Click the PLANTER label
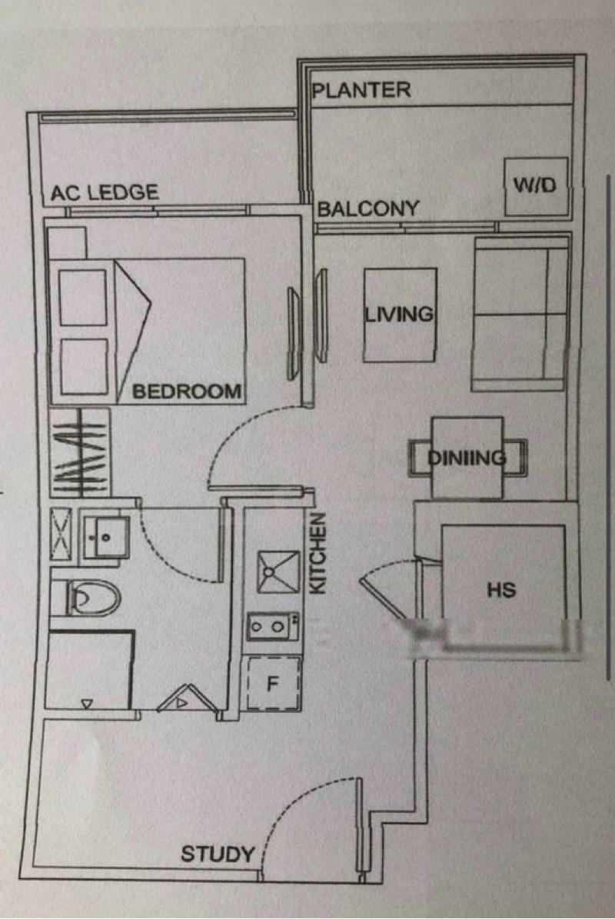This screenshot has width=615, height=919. point(361,90)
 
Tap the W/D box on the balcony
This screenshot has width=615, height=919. point(536,186)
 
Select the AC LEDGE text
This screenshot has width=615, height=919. point(105,193)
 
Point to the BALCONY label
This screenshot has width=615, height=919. point(368,208)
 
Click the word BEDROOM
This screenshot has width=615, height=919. point(187,391)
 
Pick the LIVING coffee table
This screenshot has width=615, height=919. point(400,315)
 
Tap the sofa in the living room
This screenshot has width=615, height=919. point(520,314)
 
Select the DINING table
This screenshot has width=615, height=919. point(467,458)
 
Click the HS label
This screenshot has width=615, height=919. point(501,591)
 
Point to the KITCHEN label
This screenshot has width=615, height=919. point(318,553)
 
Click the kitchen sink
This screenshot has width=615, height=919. point(278,571)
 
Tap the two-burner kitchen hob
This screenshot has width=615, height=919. point(273,626)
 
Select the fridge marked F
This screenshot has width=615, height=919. point(271,683)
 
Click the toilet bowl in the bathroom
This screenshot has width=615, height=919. point(92,598)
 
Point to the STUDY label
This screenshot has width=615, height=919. point(218,854)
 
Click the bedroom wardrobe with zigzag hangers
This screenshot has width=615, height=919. point(80,451)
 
